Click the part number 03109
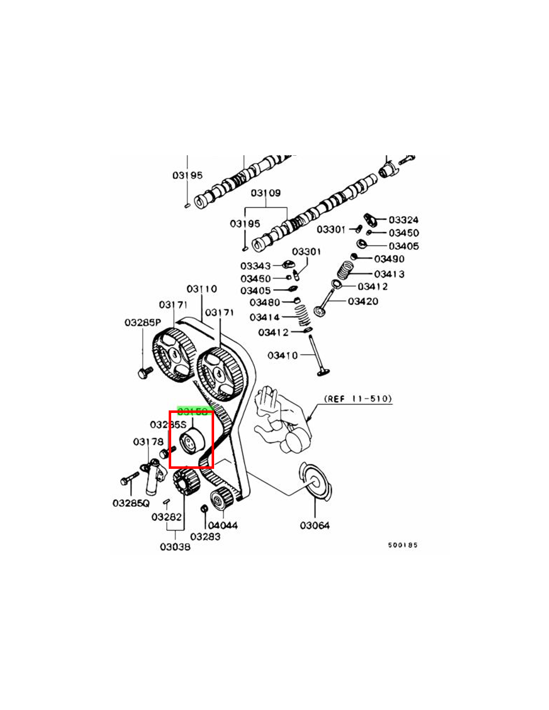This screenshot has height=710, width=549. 266,193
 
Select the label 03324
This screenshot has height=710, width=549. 403,220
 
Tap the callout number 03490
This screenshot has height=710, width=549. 389,259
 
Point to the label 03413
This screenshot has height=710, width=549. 389,274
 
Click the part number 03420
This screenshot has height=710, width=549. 363,301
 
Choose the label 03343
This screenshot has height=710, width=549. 255,266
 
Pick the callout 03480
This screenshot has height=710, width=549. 265,302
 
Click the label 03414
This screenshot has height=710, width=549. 265,317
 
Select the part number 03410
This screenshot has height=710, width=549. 282,355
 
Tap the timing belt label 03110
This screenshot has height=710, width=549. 202,289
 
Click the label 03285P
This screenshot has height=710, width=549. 142,323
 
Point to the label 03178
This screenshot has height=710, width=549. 148,442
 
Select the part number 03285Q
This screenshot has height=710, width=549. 131,503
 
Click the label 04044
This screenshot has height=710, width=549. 223,525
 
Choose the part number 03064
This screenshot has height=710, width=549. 314,525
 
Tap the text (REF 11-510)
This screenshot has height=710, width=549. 358,398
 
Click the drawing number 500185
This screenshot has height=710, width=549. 402,545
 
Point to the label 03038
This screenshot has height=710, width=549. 175,547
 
